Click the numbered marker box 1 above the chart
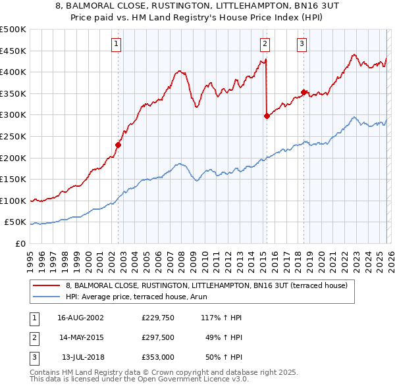[116, 44]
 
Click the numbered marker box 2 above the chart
[265, 44]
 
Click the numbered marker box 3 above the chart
[302, 44]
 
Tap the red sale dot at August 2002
[118, 145]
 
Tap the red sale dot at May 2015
[267, 116]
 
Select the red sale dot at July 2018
[303, 93]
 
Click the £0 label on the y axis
[20, 244]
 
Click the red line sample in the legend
[47, 285]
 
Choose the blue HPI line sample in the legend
[47, 297]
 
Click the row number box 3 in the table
[33, 359]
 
